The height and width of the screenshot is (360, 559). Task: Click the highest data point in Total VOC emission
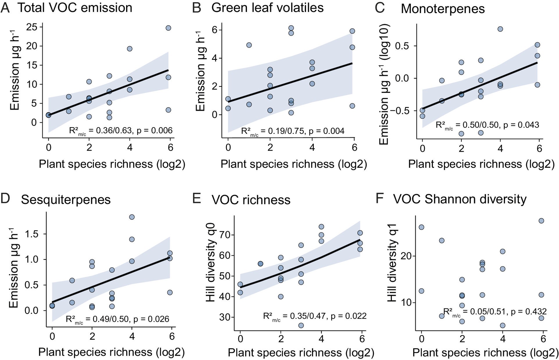(x=168, y=28)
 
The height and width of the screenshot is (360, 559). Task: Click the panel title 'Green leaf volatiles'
(x=267, y=8)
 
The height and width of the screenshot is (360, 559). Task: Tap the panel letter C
(x=380, y=8)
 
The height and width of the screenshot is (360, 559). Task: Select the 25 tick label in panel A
(x=32, y=27)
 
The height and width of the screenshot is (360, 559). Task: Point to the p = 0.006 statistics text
(x=155, y=131)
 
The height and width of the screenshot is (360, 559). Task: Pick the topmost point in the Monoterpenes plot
(x=500, y=29)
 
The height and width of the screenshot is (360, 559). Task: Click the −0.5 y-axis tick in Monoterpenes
(x=402, y=111)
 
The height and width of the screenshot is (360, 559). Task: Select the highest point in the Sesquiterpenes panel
(x=132, y=217)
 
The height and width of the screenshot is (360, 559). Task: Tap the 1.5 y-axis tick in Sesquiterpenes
(x=32, y=234)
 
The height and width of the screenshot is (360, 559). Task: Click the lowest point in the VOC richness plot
(x=301, y=325)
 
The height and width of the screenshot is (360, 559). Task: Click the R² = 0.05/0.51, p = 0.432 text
(x=495, y=312)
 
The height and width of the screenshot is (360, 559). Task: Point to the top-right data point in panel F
(x=541, y=221)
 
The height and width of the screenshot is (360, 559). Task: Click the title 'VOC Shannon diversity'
(x=460, y=199)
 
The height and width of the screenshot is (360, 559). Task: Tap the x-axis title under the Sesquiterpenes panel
(x=112, y=352)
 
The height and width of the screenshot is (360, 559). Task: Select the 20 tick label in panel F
(x=406, y=256)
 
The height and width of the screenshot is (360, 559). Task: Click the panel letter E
(x=197, y=199)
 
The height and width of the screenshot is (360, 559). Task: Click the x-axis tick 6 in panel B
(x=354, y=147)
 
